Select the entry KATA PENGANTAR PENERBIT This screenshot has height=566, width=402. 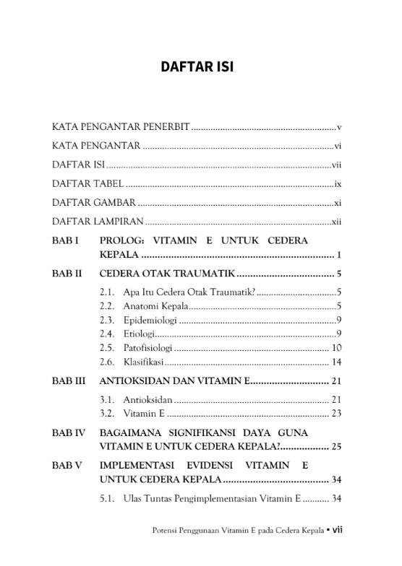(x=121, y=127)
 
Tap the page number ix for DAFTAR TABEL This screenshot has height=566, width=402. (x=337, y=184)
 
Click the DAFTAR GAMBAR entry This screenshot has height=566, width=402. (x=93, y=203)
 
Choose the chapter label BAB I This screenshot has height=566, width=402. (x=65, y=240)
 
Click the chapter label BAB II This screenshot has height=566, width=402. (x=67, y=274)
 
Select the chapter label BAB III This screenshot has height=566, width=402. (x=69, y=380)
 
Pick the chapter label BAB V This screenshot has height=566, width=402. (x=67, y=464)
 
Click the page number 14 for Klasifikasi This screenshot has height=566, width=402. (x=336, y=361)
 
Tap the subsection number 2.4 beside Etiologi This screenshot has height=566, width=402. (x=107, y=334)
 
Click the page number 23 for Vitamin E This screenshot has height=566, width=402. (x=336, y=413)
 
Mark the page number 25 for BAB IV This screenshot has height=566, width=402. (x=336, y=446)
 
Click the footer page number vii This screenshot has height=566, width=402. (x=337, y=528)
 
